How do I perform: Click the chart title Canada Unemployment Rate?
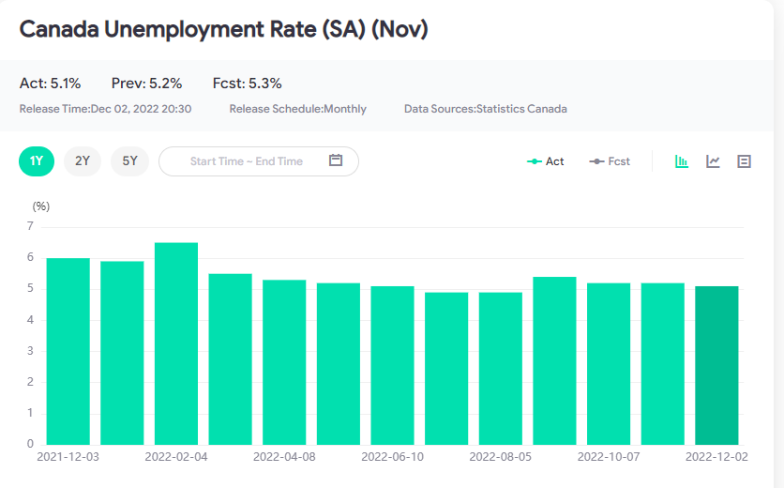pyautogui.click(x=223, y=30)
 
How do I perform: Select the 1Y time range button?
pyautogui.click(x=37, y=160)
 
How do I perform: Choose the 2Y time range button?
pyautogui.click(x=83, y=160)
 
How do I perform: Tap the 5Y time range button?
pyautogui.click(x=129, y=160)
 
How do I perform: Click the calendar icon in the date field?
pyautogui.click(x=336, y=160)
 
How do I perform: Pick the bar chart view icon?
pyautogui.click(x=682, y=161)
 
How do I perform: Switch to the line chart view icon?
pyautogui.click(x=714, y=161)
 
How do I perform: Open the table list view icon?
pyautogui.click(x=745, y=161)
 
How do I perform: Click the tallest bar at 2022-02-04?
pyautogui.click(x=176, y=343)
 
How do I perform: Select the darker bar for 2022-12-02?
pyautogui.click(x=716, y=365)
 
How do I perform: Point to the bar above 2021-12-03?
pyautogui.click(x=68, y=351)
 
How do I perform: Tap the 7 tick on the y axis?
pyautogui.click(x=31, y=226)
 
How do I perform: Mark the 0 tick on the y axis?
pyautogui.click(x=31, y=444)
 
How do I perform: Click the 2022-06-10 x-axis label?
pyautogui.click(x=392, y=457)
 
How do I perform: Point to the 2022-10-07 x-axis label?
pyautogui.click(x=609, y=457)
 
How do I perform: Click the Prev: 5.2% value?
pyautogui.click(x=146, y=84)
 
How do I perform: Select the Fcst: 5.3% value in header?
pyautogui.click(x=247, y=84)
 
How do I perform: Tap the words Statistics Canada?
pyautogui.click(x=521, y=109)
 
